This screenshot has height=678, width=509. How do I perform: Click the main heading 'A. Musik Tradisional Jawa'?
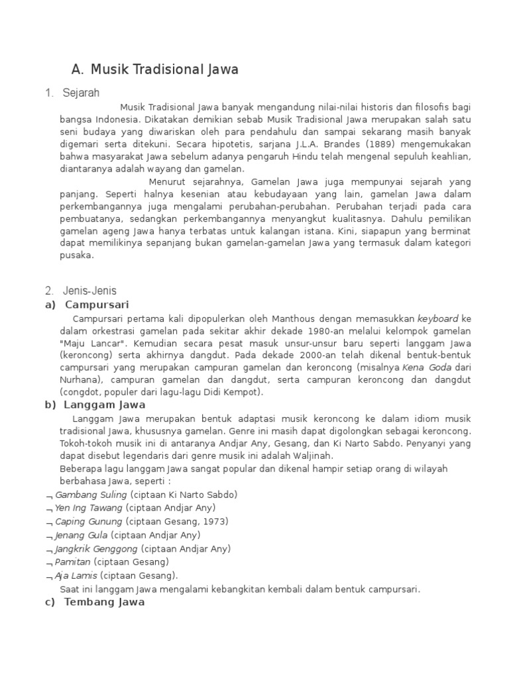[x=154, y=70]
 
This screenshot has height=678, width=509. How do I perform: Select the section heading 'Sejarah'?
[x=81, y=93]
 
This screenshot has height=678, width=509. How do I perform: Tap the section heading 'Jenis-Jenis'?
[x=89, y=290]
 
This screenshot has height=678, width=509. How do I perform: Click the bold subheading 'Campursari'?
[x=97, y=305]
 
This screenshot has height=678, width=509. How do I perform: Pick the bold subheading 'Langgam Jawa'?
[x=105, y=405]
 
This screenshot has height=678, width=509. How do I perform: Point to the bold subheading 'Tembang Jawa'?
[x=105, y=603]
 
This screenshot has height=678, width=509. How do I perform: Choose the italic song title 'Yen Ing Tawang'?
[x=89, y=508]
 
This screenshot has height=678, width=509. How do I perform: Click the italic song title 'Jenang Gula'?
[x=82, y=535]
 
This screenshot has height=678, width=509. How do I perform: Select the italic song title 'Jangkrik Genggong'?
[x=97, y=548]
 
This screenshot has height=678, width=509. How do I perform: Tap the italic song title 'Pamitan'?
[x=73, y=561]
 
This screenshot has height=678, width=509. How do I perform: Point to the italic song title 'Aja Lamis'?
[x=76, y=575]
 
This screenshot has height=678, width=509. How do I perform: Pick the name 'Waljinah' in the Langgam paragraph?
[x=310, y=456]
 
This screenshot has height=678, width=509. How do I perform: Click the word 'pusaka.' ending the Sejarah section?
[x=77, y=255]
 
